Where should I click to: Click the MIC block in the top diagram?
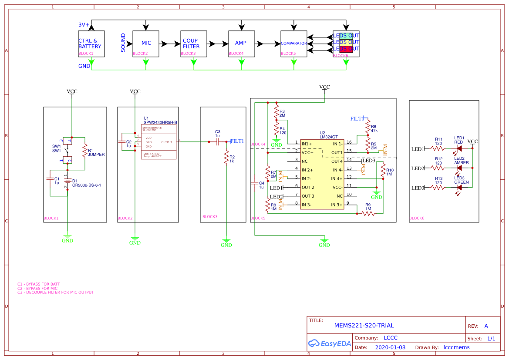coord(146,44)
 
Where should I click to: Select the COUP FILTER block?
coord(194,44)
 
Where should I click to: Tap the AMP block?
coord(242,44)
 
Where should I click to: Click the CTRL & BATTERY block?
coord(91,44)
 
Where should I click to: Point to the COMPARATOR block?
coord(294,44)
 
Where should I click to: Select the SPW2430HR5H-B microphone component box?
coord(159,142)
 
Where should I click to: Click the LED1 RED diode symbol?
coord(459,148)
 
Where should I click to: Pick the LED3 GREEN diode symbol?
coord(459,188)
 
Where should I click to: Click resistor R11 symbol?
coord(438,148)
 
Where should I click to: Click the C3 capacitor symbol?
coord(217,141)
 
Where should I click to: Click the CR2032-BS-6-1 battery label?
coord(87,185)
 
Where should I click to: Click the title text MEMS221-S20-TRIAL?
coord(364,326)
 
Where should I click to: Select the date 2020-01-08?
coord(390,347)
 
